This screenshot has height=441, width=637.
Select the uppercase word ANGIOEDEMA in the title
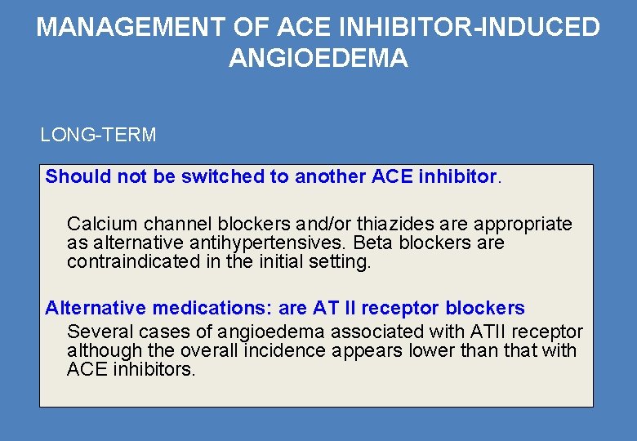tap(318, 59)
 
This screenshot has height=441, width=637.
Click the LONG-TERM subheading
tap(98, 135)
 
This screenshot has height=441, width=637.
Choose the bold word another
tap(331, 176)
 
